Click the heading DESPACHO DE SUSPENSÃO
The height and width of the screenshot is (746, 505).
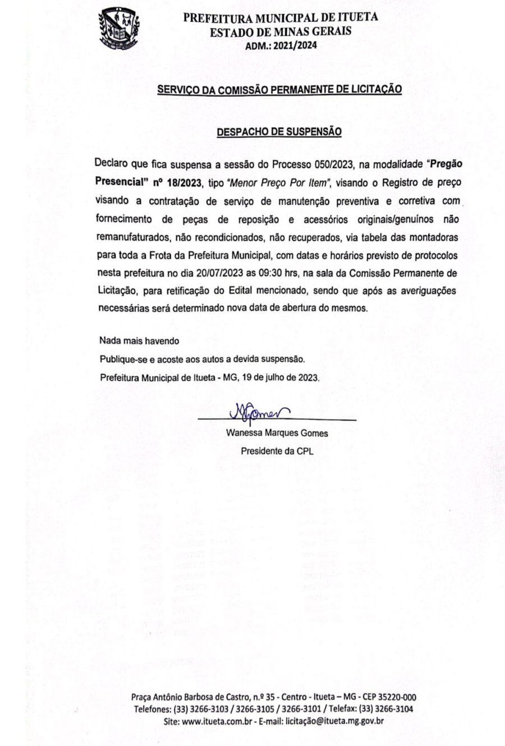pyautogui.click(x=279, y=132)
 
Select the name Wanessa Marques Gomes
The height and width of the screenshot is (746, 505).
pyautogui.click(x=277, y=433)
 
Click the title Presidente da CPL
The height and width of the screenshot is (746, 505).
pyautogui.click(x=277, y=451)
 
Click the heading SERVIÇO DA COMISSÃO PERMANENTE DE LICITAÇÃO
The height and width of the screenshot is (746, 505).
pyautogui.click(x=279, y=89)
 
